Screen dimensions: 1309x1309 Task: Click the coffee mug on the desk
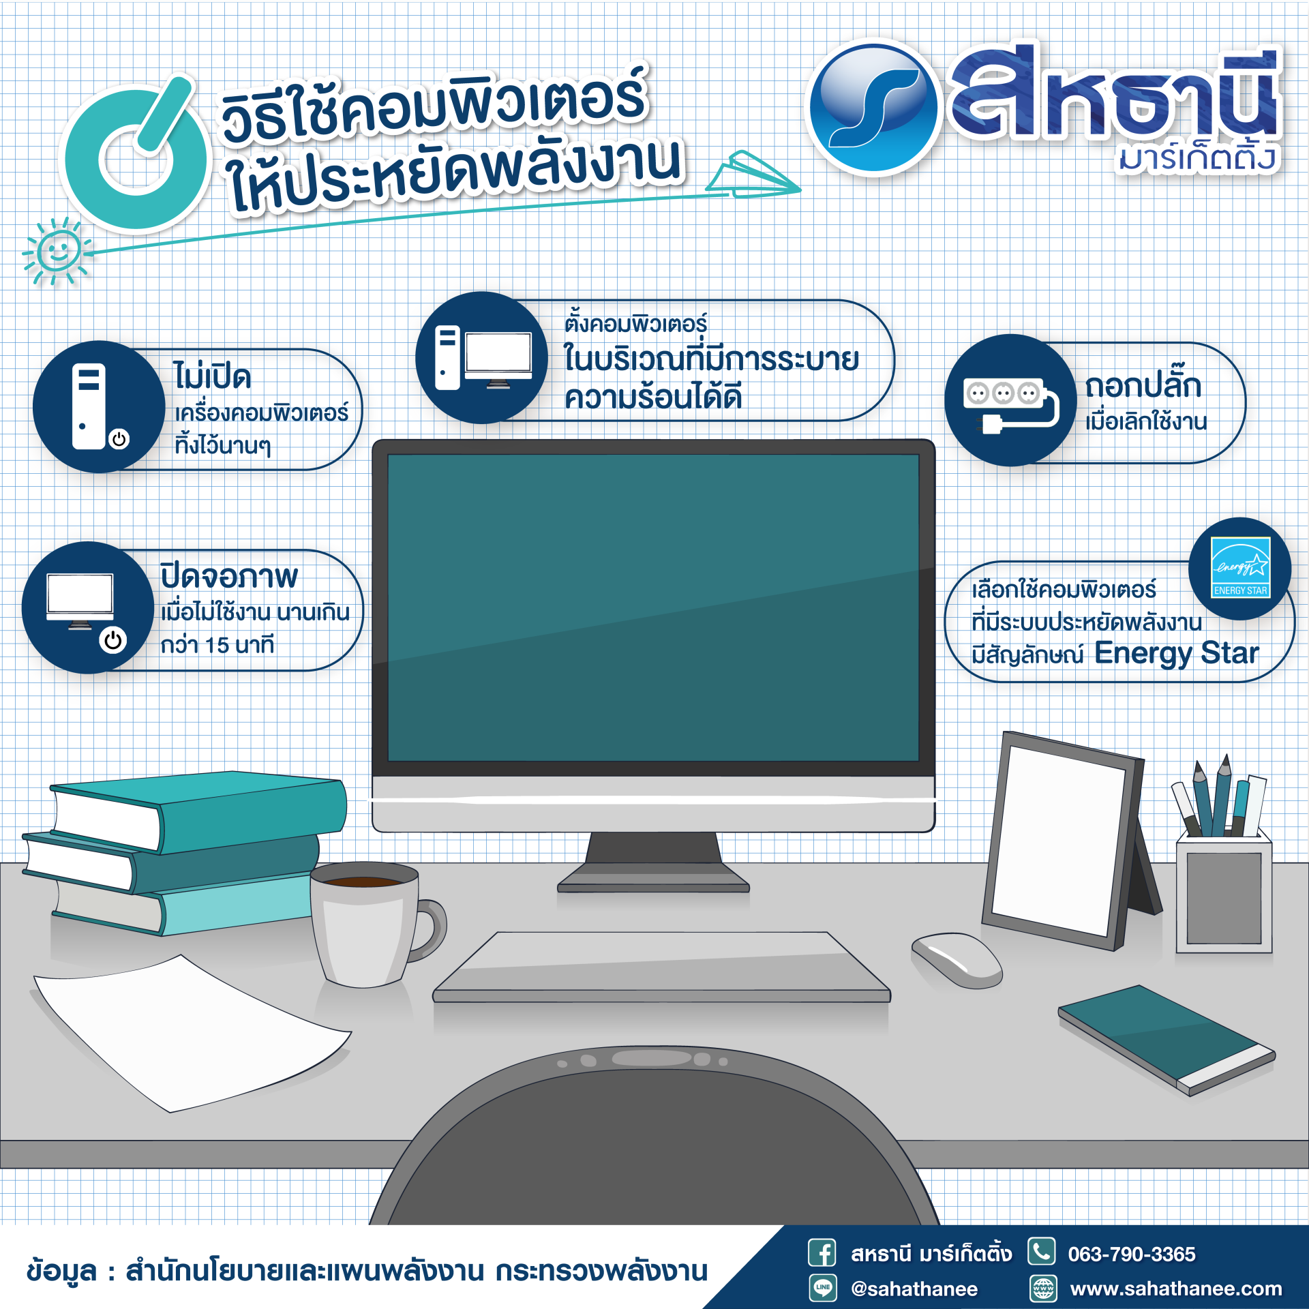point(372,924)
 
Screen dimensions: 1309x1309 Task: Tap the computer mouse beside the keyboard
point(957,960)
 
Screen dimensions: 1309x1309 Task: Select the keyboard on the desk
point(661,967)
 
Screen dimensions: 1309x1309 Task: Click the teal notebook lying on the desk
point(1167,1040)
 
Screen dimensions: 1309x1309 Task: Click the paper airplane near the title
point(753,175)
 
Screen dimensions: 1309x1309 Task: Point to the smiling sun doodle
point(57,252)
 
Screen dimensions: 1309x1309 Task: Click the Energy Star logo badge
point(1239,569)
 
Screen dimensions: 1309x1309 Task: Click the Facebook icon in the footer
point(822,1253)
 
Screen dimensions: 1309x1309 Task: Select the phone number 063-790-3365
point(1132,1254)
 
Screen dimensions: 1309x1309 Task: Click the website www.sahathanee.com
point(1176,1289)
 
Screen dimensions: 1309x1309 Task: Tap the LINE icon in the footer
point(822,1288)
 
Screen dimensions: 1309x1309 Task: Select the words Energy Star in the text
point(1177,653)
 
